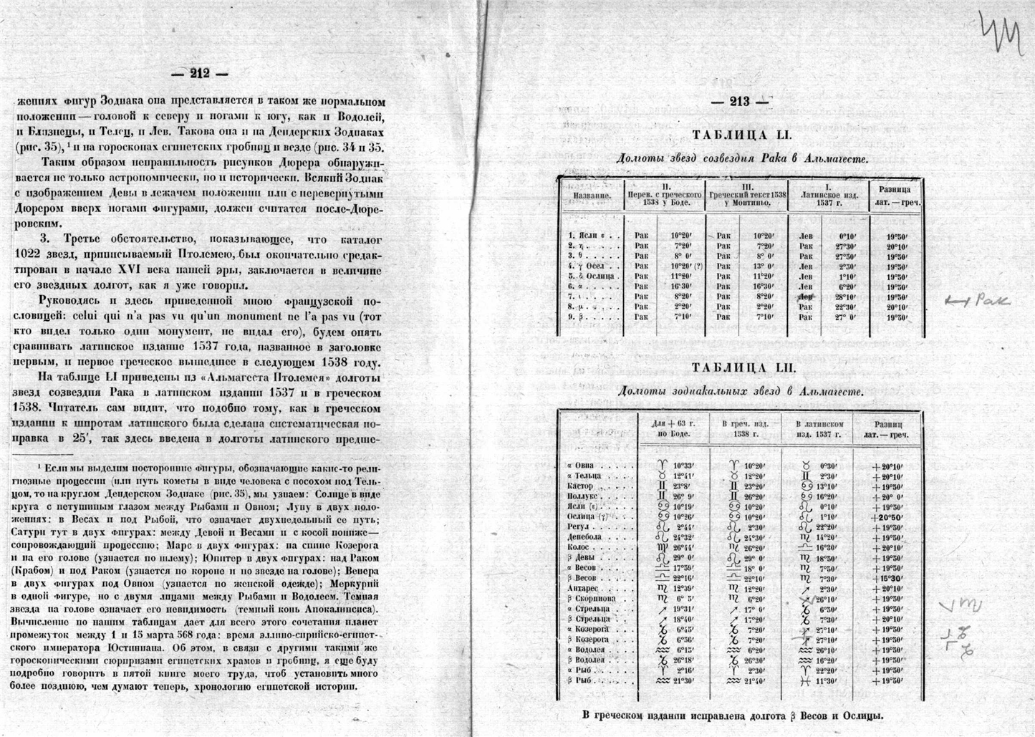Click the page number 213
click(740, 102)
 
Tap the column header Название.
click(592, 195)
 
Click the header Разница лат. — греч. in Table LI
click(895, 196)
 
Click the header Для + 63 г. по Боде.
click(673, 428)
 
